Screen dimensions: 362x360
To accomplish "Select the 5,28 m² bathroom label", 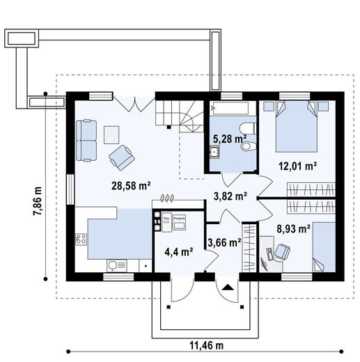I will [x=229, y=139].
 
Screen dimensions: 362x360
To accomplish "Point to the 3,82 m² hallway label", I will [x=230, y=196].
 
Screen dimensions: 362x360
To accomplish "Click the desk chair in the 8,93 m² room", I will [x=283, y=251].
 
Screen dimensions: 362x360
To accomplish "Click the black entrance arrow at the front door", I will [x=228, y=285].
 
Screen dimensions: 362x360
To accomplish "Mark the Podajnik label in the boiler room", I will [x=178, y=219].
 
